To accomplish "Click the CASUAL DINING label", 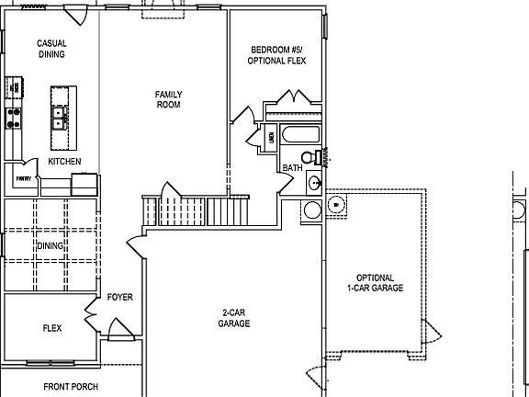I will [51, 50].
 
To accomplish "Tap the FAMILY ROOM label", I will [167, 99].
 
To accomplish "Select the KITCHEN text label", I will [64, 162].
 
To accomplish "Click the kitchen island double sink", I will [61, 117].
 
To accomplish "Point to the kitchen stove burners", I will [14, 117].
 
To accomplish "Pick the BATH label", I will [292, 168].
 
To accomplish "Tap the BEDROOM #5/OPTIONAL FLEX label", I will [276, 55].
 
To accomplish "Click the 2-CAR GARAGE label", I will [234, 317].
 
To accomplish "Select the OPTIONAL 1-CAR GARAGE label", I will [375, 283].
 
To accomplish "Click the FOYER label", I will [120, 297].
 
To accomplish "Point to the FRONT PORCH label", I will [71, 387].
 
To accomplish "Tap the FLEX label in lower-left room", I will [52, 327].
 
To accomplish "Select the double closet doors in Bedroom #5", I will [294, 97].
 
